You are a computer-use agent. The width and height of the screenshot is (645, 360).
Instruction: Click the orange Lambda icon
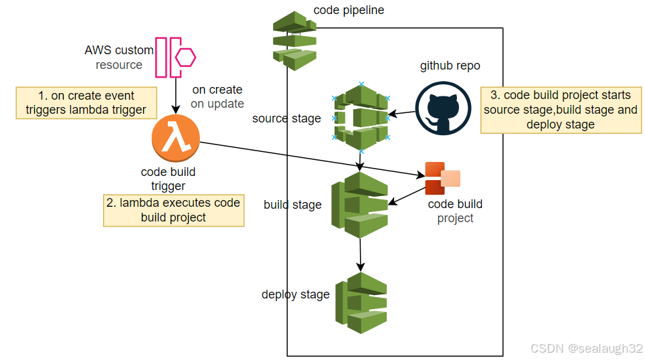176,139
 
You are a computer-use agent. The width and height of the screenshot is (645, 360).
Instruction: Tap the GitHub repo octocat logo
443,108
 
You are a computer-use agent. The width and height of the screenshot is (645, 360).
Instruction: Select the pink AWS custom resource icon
175,57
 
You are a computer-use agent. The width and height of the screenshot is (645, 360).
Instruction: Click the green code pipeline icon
294,41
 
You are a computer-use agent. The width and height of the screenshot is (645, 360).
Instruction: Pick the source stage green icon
361,118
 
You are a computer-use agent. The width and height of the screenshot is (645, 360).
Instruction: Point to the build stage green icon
359,205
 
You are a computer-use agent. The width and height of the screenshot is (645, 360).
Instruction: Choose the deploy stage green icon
361,303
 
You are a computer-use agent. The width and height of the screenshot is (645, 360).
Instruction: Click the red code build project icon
442,178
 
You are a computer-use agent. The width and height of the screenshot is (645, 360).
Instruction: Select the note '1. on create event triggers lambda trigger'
86,103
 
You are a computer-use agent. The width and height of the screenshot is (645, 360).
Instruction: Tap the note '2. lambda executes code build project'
173,210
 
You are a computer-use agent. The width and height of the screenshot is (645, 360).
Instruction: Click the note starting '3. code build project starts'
561,110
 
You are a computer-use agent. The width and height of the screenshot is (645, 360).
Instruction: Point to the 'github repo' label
450,66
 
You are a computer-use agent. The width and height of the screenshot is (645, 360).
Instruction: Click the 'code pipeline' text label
349,10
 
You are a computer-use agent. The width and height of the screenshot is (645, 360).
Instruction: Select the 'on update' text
217,104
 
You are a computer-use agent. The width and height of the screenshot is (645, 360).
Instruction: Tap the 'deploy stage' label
296,294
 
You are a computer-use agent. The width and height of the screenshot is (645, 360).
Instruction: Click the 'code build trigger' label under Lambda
168,179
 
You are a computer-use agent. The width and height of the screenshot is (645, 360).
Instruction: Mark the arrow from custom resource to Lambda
176,96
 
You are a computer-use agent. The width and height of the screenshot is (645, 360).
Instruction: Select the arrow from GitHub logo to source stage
401,113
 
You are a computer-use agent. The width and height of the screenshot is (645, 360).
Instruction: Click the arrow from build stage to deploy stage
361,255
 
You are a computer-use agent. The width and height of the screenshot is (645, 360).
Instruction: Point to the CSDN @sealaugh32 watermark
587,348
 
